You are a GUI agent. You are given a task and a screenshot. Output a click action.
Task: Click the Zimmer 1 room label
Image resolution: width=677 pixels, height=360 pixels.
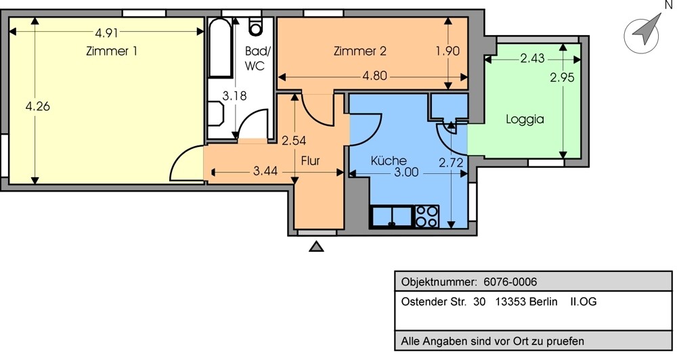tap(112, 51)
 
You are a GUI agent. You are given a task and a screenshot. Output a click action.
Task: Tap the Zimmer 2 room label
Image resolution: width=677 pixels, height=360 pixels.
tap(359, 51)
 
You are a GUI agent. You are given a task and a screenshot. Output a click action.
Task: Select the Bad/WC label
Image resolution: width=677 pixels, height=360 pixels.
tap(257, 58)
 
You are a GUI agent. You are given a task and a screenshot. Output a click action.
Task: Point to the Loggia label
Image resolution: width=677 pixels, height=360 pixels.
tap(525, 120)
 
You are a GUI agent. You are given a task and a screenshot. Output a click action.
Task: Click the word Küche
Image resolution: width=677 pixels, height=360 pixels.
tap(389, 160)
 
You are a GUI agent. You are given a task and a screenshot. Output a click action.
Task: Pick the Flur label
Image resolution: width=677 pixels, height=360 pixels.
tap(311, 160)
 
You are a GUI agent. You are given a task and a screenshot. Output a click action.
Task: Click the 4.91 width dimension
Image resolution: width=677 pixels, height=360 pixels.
tap(106, 32)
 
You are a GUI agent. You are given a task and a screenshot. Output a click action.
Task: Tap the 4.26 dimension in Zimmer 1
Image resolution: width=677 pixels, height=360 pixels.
tap(37, 106)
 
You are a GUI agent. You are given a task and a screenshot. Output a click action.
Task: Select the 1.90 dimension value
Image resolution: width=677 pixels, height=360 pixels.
tap(447, 51)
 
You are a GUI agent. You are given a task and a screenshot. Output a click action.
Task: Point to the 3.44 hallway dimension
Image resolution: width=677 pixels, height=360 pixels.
tap(265, 171)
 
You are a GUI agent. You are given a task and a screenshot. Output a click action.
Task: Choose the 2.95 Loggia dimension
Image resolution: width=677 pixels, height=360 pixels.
tap(562, 77)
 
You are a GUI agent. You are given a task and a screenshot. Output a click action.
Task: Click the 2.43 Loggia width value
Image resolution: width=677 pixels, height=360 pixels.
tap(532, 58)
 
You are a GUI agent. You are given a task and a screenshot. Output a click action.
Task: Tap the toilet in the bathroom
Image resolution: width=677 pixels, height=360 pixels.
tap(256, 26)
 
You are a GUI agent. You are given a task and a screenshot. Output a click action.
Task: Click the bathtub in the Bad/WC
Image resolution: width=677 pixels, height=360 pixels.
tap(220, 47)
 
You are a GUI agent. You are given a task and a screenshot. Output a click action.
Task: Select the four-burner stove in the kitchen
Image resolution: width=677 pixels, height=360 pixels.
tap(427, 217)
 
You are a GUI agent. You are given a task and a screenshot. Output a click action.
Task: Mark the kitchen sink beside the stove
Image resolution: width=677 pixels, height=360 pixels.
tap(392, 217)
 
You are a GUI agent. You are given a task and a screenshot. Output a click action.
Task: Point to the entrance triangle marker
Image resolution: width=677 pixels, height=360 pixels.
tap(317, 246)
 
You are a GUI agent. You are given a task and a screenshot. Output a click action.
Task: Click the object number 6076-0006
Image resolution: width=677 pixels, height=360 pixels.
tap(510, 282)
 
